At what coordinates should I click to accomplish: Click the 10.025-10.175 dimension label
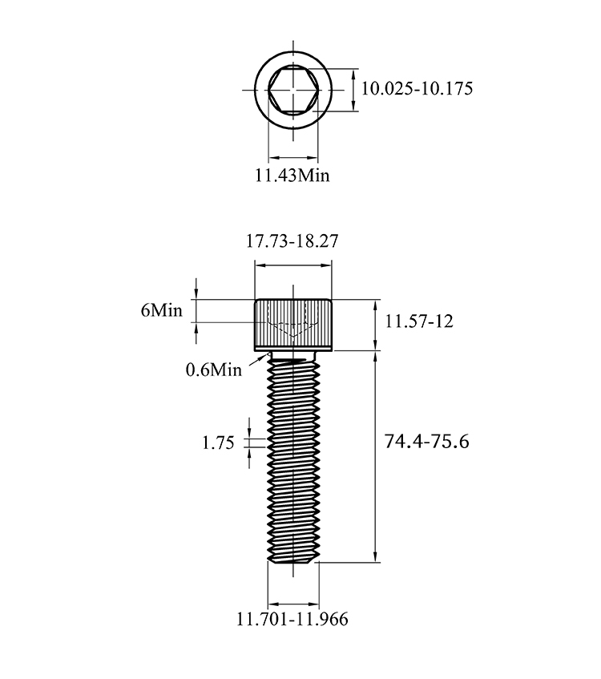point(417,88)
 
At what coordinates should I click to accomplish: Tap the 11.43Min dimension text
point(292,176)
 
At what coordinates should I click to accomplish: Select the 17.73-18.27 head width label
point(292,241)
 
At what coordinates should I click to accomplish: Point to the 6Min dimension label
point(162,310)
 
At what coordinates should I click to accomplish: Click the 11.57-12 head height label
point(419,321)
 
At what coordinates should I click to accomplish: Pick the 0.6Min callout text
point(213,370)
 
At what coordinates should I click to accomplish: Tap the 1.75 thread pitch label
point(218,443)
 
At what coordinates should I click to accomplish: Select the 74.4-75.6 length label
point(426,442)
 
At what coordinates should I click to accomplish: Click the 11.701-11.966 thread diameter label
point(292,619)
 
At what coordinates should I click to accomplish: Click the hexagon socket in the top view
point(293,90)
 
